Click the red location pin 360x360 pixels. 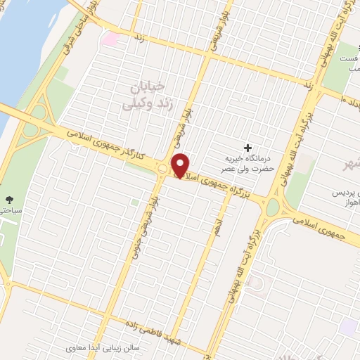tap(181, 165)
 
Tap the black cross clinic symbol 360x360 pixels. tap(247, 148)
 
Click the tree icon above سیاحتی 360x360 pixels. tap(8, 200)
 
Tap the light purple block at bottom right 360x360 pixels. tap(347, 328)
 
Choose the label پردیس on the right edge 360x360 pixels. tap(345, 193)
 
